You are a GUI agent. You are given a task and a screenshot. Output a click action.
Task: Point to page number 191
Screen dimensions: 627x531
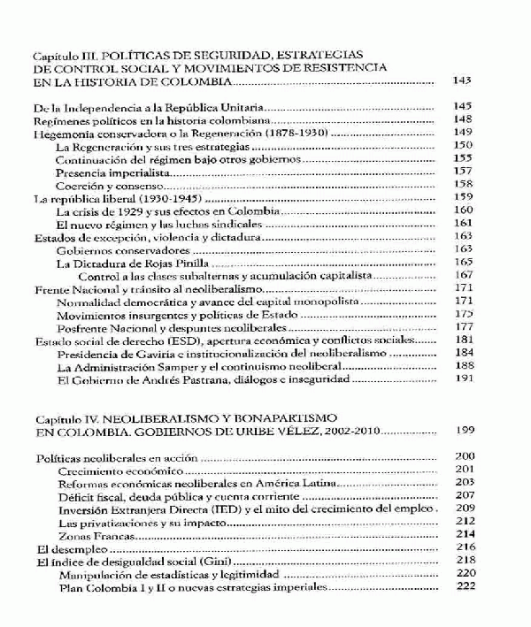[464, 379]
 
